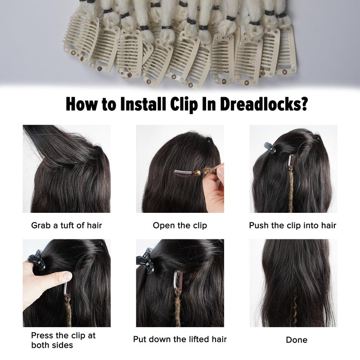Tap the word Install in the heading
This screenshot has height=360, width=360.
click(143, 104)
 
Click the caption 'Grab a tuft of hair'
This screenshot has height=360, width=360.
click(67, 225)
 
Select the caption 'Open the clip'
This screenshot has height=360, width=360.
click(180, 225)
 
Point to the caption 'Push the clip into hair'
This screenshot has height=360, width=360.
click(292, 225)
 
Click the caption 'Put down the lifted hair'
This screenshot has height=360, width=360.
click(180, 339)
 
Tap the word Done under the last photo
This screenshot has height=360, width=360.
click(297, 340)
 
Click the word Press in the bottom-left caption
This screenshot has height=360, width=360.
click(42, 335)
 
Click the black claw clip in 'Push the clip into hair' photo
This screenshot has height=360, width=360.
click(270, 148)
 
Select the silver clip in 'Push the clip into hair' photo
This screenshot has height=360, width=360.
click(291, 162)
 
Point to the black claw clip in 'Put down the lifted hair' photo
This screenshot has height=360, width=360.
click(145, 261)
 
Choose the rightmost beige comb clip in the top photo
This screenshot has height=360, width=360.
click(286, 50)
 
